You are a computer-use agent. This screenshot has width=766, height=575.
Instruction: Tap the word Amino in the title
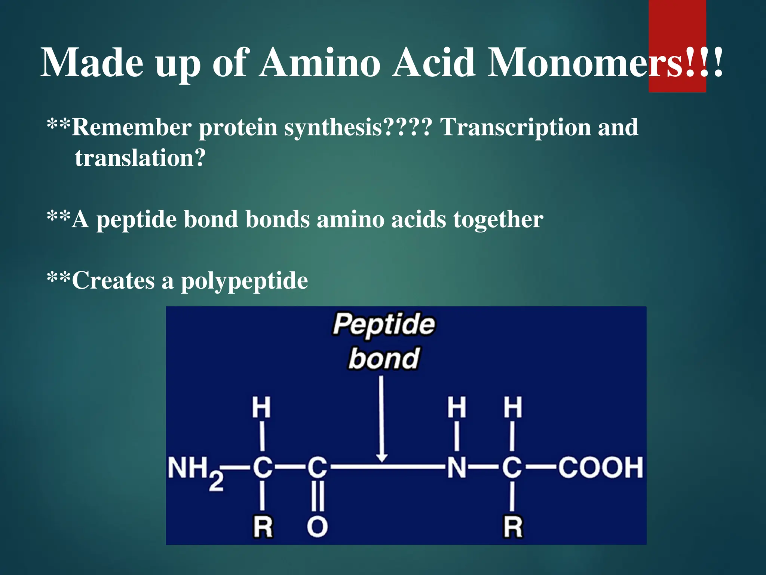click(x=320, y=63)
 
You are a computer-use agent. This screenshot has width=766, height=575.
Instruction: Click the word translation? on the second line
click(x=140, y=158)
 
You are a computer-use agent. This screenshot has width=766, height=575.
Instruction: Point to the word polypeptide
click(x=245, y=281)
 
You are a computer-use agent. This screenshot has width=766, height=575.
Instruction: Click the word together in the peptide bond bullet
click(x=498, y=219)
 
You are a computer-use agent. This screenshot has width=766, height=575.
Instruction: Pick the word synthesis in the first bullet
click(x=333, y=127)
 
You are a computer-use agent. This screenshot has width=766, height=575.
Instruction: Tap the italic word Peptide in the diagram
click(x=384, y=324)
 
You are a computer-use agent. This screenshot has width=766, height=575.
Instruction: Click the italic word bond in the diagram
click(x=384, y=359)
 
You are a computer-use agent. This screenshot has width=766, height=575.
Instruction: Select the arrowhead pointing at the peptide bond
click(x=382, y=458)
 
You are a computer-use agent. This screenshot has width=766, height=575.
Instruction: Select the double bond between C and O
click(x=318, y=496)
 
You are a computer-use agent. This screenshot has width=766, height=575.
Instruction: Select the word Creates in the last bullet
click(x=113, y=281)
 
